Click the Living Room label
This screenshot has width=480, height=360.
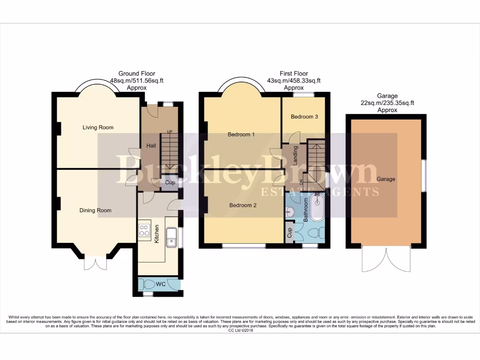tap(98, 127)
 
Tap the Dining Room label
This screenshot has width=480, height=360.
tap(96, 210)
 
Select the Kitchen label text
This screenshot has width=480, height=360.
tap(157, 234)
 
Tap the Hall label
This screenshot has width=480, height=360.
tap(151, 146)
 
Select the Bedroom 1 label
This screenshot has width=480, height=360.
tap(241, 135)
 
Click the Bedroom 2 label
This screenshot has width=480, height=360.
tap(242, 205)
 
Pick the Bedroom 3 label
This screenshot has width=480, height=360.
tap(304, 117)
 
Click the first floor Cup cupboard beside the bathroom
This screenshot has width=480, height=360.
tap(290, 232)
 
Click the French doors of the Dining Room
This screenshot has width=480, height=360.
tap(96, 263)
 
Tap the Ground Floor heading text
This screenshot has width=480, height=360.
tap(136, 74)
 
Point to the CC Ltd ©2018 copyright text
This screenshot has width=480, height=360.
tap(240, 330)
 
